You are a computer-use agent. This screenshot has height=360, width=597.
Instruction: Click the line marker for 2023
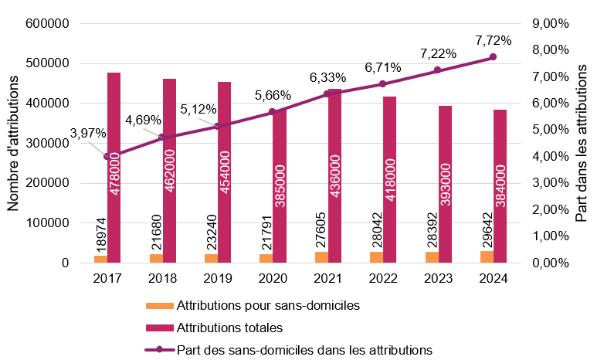[437, 70]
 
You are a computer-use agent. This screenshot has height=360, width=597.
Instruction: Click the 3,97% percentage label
[88, 133]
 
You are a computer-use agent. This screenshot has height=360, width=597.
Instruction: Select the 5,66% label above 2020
[272, 96]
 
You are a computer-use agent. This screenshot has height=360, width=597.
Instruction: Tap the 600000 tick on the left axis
[48, 24]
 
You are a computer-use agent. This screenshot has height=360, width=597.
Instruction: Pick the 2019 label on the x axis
[217, 279]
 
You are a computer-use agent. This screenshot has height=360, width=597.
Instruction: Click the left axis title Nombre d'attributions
[14, 143]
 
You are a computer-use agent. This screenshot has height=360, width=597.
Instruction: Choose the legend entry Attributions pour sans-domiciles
[268, 305]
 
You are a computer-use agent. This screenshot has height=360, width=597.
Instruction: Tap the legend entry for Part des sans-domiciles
[304, 349]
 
